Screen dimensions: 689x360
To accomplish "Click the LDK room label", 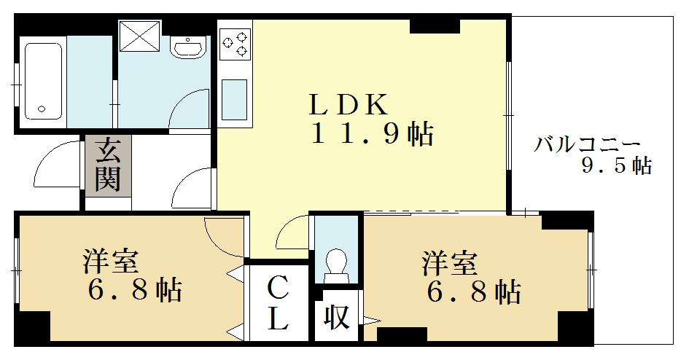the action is (x=349, y=104).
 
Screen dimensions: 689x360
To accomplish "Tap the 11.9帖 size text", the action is (x=373, y=133).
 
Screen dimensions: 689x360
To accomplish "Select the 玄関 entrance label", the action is (x=108, y=165).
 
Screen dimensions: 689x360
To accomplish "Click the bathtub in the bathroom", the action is (x=42, y=81).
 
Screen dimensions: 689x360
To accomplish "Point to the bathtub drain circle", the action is (x=42, y=109).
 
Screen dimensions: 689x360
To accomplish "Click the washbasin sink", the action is (x=188, y=47).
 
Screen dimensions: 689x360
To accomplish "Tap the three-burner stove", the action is (x=235, y=44).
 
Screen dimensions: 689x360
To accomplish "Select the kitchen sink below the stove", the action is (x=234, y=100).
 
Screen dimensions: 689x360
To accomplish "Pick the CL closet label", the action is (x=278, y=303).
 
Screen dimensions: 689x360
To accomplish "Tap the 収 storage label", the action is (x=337, y=316).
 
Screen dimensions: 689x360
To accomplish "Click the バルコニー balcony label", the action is (x=587, y=144).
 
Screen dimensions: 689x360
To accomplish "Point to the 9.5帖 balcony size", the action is (x=617, y=165).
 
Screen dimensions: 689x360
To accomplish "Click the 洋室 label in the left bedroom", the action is (x=111, y=262).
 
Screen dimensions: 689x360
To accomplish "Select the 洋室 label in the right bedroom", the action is (x=450, y=263).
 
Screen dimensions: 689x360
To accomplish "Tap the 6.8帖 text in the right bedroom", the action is (x=474, y=292).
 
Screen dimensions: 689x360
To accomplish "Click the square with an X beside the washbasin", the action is (x=140, y=36).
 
